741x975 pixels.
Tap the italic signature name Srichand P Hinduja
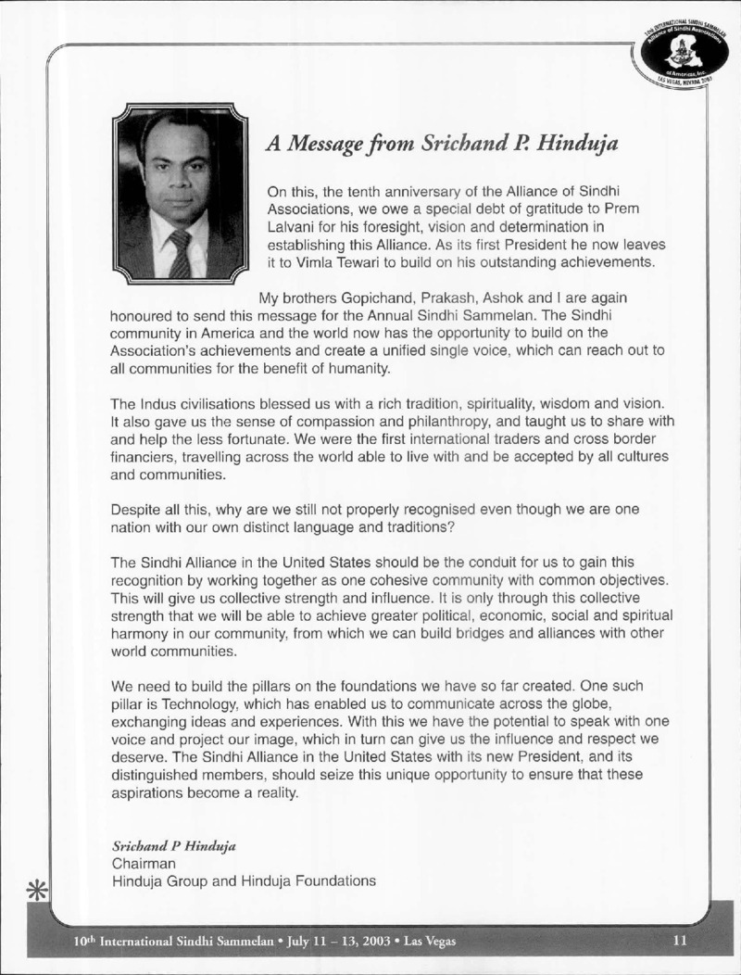click(x=161, y=845)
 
